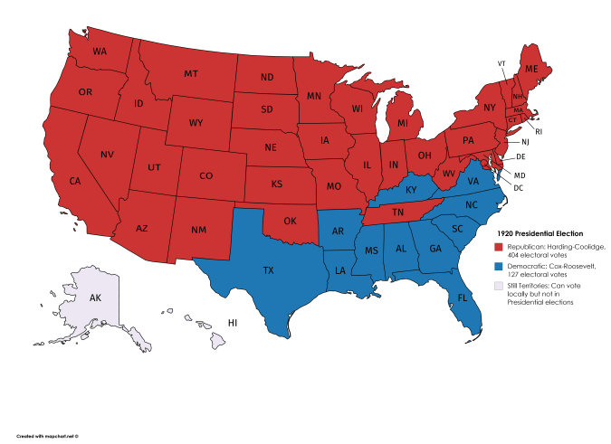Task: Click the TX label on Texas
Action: click(268, 270)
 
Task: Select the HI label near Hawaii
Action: click(232, 323)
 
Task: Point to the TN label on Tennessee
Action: click(396, 213)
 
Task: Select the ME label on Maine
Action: click(531, 70)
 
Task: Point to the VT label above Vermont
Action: click(501, 63)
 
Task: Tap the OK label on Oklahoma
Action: click(290, 221)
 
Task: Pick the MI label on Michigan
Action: click(403, 122)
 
